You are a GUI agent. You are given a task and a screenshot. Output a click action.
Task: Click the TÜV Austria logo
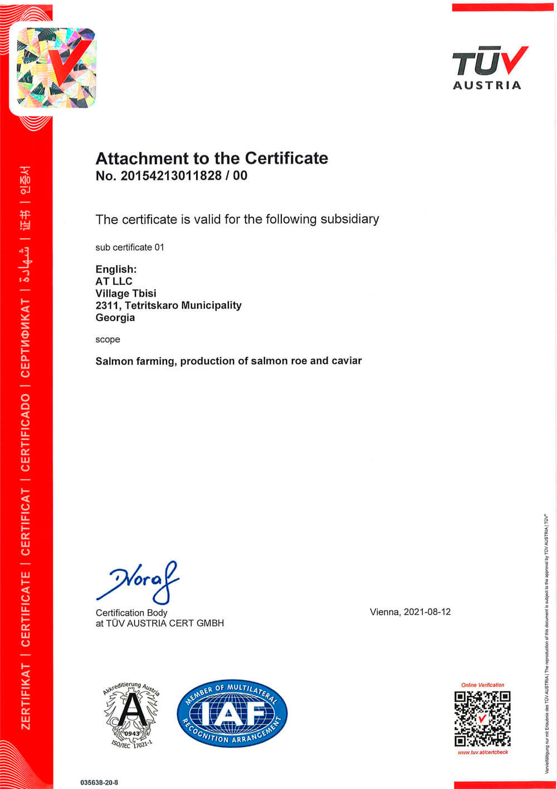click(x=489, y=67)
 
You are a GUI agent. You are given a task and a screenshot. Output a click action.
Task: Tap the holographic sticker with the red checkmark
click(x=55, y=67)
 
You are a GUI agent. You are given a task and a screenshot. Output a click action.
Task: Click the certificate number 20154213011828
click(x=168, y=176)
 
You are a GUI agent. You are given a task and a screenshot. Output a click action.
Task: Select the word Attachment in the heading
click(x=142, y=158)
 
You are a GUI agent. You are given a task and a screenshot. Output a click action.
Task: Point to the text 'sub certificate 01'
click(x=130, y=248)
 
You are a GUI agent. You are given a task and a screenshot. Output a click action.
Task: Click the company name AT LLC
click(x=114, y=282)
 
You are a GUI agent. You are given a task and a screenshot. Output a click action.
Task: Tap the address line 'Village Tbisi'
click(x=126, y=293)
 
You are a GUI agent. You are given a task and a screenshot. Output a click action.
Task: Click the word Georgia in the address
click(x=115, y=318)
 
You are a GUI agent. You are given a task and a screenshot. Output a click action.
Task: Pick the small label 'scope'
click(x=108, y=340)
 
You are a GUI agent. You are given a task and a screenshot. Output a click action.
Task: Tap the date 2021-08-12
click(x=427, y=612)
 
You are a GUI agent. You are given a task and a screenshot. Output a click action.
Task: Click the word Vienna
click(x=384, y=612)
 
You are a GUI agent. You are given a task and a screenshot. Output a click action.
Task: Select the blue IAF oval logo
click(x=232, y=713)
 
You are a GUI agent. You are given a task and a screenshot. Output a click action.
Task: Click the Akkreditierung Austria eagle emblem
click(x=132, y=714)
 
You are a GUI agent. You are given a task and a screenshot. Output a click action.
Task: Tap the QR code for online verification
click(x=482, y=718)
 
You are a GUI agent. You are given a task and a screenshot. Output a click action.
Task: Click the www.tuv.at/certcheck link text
click(x=482, y=752)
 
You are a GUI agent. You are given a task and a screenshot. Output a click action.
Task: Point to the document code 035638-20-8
click(x=99, y=782)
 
